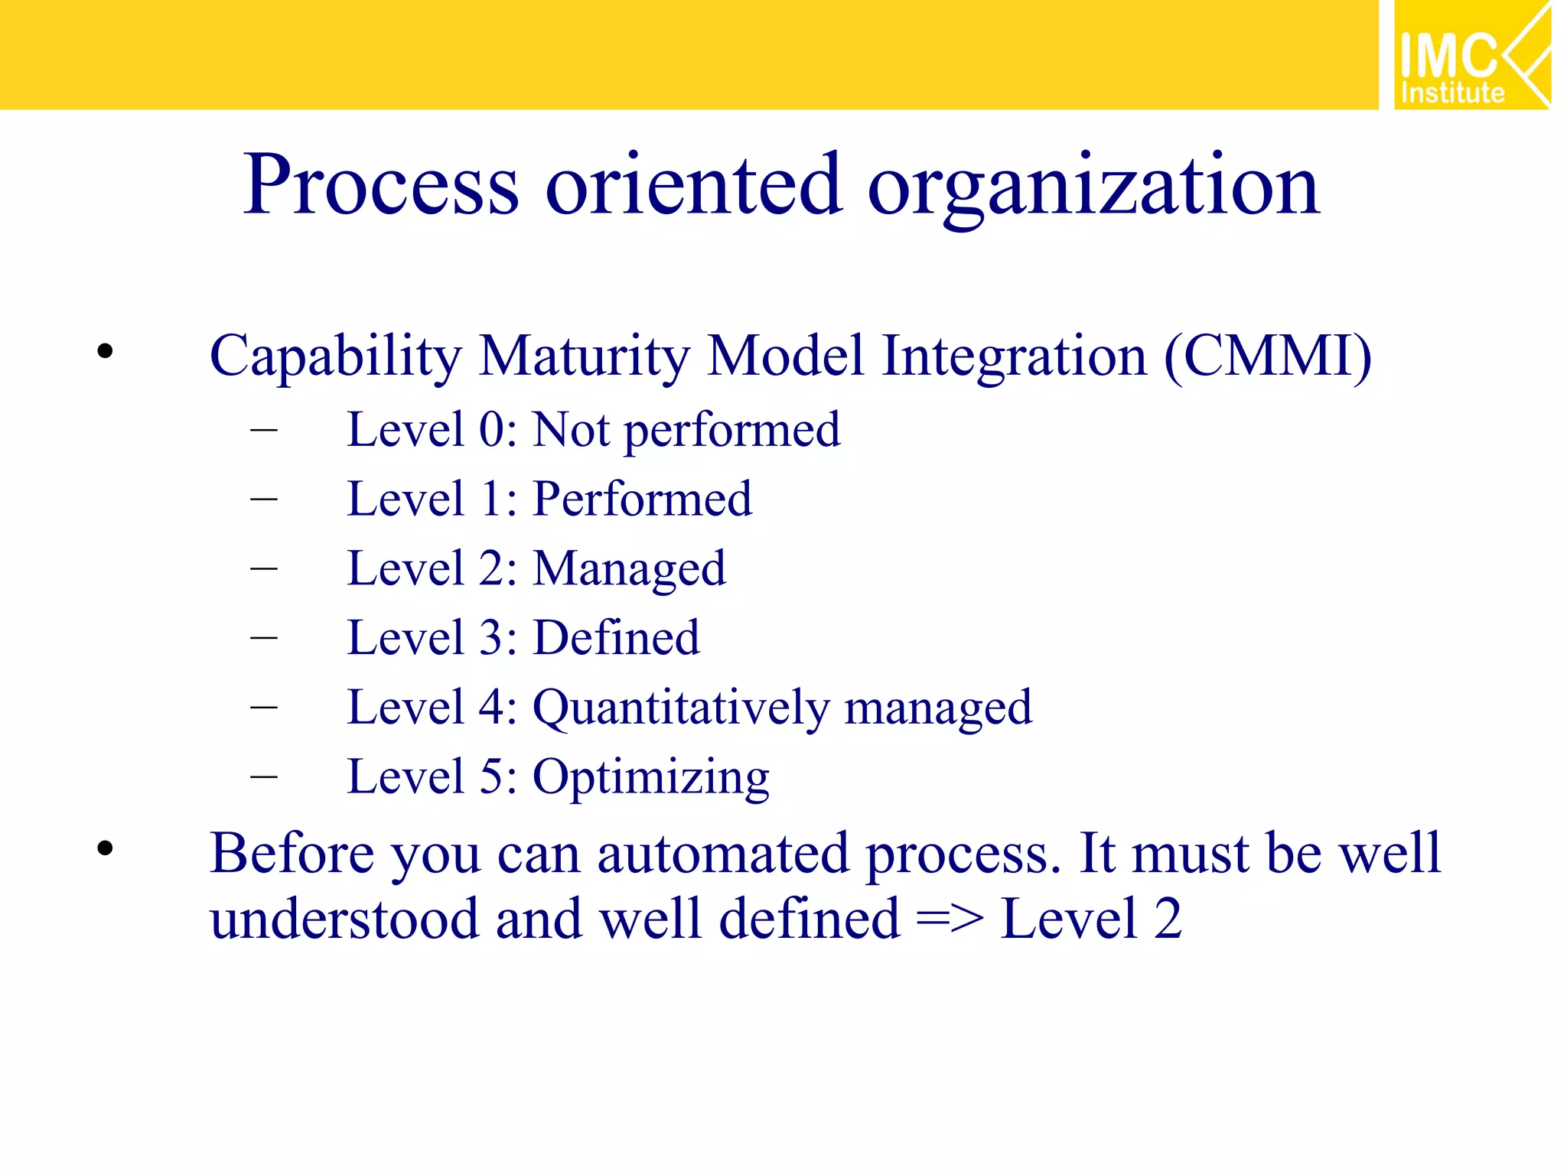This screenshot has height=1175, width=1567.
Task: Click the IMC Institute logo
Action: pyautogui.click(x=1471, y=55)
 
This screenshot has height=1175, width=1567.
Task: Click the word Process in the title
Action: pyautogui.click(x=381, y=185)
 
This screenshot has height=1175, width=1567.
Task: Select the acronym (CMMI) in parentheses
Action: pyautogui.click(x=1268, y=356)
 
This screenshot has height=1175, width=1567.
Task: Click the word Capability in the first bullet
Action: pyautogui.click(x=336, y=356)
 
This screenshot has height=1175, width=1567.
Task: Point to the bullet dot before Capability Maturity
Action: pyautogui.click(x=105, y=352)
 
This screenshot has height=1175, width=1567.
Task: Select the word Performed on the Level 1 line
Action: pyautogui.click(x=642, y=499)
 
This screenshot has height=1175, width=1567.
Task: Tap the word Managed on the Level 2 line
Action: pyautogui.click(x=629, y=570)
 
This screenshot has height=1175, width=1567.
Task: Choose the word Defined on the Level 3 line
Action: pyautogui.click(x=616, y=638)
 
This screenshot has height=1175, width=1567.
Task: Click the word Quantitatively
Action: pyautogui.click(x=680, y=708)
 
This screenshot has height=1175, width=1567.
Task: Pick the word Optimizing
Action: pyautogui.click(x=650, y=778)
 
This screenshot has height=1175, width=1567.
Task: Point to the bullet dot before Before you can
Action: pyautogui.click(x=105, y=848)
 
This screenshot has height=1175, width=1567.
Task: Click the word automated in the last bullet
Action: pyautogui.click(x=722, y=854)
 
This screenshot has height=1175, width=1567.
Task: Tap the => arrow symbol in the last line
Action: pyautogui.click(x=950, y=919)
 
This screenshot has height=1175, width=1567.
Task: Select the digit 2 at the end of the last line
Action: pyautogui.click(x=1168, y=919)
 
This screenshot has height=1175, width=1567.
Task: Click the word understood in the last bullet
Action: pyautogui.click(x=344, y=919)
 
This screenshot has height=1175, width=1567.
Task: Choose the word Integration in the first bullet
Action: pyautogui.click(x=1014, y=356)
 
